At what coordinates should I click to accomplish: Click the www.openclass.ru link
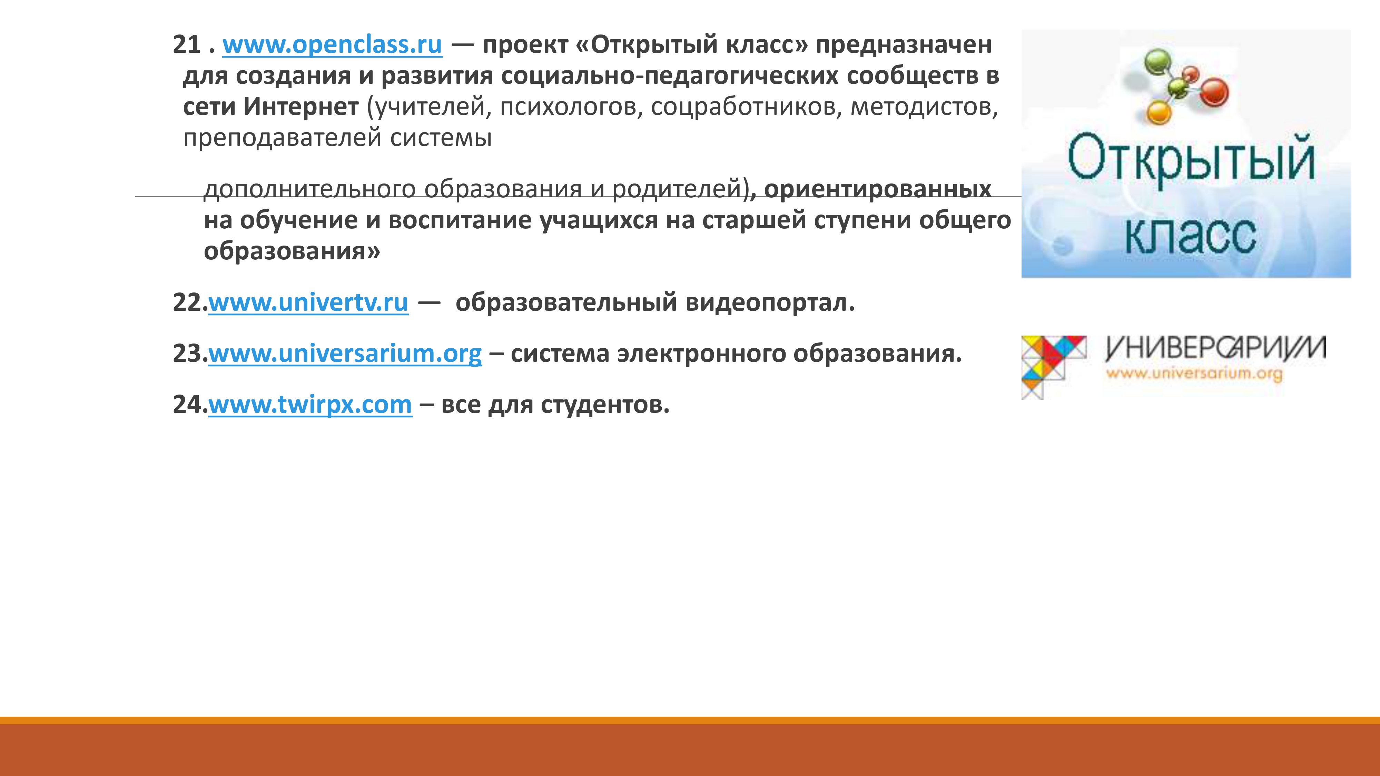332,45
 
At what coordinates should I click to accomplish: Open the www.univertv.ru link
308,303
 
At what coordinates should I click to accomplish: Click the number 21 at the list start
186,44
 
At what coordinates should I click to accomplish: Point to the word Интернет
301,107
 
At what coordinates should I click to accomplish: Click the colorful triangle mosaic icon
1053,367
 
